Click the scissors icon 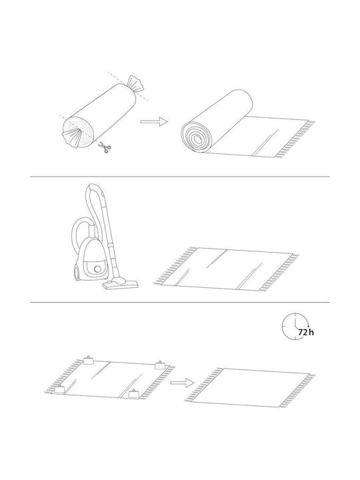(x=105, y=148)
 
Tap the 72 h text (x=306, y=332)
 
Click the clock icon (x=296, y=326)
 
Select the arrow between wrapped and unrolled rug (x=154, y=122)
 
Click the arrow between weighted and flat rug (x=182, y=383)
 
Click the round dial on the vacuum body (x=97, y=269)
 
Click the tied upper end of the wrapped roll (x=135, y=84)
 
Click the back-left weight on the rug (x=88, y=360)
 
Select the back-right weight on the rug (x=160, y=365)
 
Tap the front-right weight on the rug (x=133, y=393)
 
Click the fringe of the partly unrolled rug (x=295, y=139)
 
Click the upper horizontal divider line (x=180, y=177)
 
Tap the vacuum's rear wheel (x=75, y=272)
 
